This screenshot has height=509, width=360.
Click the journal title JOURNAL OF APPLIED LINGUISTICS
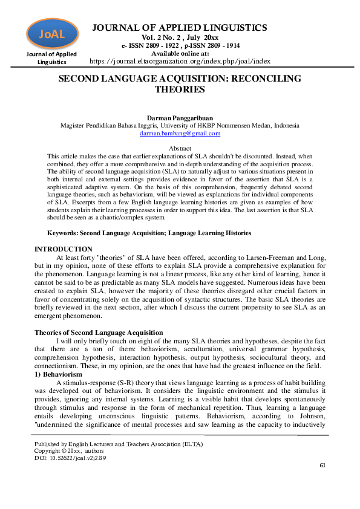tap(179, 28)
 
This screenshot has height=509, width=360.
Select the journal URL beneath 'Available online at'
tap(180, 61)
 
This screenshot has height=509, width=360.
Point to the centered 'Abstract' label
tap(180, 148)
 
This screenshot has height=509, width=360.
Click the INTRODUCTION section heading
tap(64, 249)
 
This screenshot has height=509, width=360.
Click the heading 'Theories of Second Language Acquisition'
tap(99, 332)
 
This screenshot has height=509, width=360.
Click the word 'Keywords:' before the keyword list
tap(65, 233)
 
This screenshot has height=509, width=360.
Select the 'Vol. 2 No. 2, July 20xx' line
tap(179, 37)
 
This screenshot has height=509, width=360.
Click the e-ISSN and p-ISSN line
tap(179, 45)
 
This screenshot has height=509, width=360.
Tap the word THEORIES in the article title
tap(180, 90)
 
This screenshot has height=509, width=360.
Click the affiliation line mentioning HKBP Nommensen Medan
tap(180, 125)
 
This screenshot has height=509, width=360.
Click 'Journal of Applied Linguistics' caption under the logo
tap(51, 58)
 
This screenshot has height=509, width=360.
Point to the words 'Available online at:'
tap(179, 53)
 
